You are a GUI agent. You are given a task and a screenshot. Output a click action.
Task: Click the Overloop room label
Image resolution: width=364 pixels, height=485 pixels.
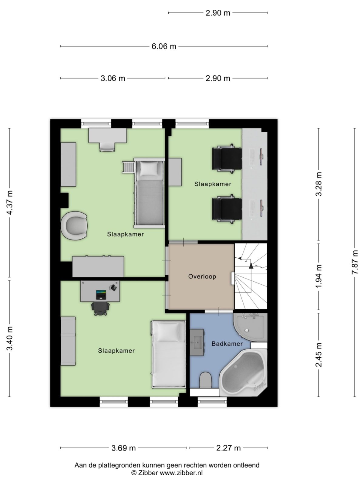click(x=202, y=276)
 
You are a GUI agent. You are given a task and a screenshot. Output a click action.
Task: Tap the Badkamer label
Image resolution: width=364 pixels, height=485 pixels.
click(x=227, y=344)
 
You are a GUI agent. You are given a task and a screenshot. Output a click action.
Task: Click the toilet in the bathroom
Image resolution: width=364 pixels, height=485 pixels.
click(x=206, y=380)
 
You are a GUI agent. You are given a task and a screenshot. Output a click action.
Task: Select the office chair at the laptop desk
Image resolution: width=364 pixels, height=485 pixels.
click(x=100, y=309)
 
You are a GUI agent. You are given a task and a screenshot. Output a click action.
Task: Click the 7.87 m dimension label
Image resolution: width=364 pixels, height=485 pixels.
click(x=354, y=263)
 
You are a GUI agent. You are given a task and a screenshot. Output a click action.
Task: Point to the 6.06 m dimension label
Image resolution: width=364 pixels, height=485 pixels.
click(x=164, y=46)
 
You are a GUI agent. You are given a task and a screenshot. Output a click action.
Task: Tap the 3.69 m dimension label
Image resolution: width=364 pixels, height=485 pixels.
click(x=123, y=448)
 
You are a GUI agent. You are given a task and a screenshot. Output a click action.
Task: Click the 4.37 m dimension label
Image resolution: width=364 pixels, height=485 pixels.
click(x=10, y=202)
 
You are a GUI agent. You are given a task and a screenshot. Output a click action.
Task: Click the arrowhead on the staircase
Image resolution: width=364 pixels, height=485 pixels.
click(x=251, y=266)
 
